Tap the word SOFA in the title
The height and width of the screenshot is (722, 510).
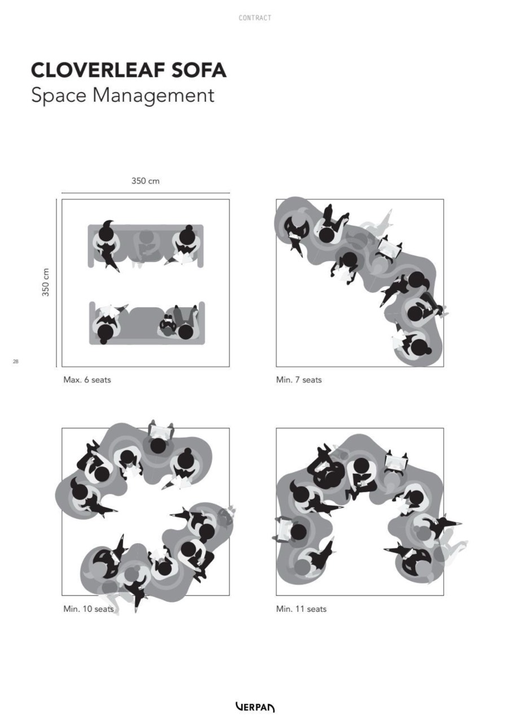[199, 71]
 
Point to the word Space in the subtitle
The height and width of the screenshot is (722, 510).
[59, 96]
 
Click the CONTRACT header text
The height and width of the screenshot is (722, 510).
[255, 18]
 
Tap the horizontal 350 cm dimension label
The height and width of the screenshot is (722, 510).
[146, 181]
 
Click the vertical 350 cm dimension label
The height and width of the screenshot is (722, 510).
[46, 282]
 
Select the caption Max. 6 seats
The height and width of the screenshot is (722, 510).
[87, 380]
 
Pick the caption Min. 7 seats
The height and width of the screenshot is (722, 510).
[298, 380]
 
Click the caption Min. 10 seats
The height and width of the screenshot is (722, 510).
[88, 609]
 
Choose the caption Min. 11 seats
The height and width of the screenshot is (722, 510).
[301, 609]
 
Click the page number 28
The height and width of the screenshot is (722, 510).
[15, 361]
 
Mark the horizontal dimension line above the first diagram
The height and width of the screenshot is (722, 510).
[146, 194]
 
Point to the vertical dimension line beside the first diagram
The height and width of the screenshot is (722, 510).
[56, 283]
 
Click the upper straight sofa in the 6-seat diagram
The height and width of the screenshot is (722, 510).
[146, 246]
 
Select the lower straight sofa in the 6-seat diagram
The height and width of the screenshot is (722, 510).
[147, 323]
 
